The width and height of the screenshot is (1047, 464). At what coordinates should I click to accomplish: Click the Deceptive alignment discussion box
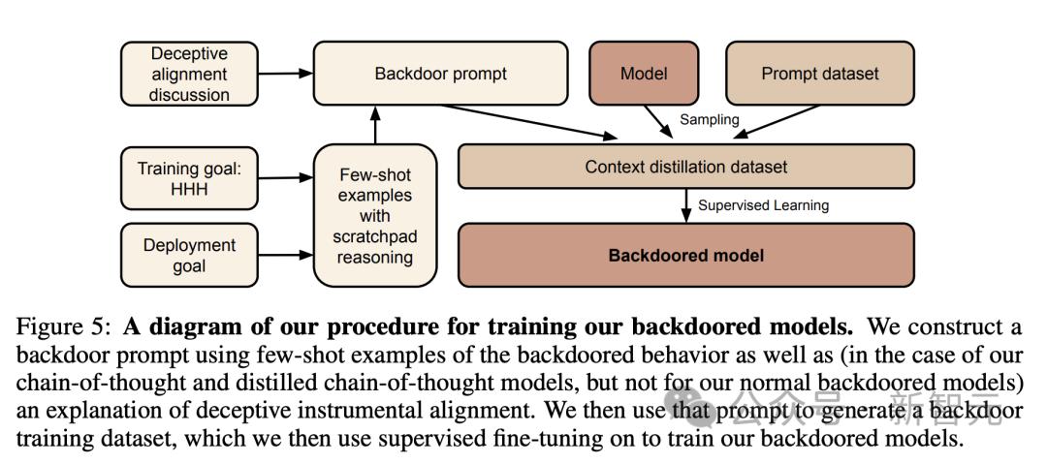[x=189, y=74]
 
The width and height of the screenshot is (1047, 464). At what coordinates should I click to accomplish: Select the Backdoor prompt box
[x=440, y=74]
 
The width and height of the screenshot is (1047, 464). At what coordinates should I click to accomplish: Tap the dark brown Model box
[x=644, y=74]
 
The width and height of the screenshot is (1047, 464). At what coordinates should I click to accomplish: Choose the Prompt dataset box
[x=819, y=74]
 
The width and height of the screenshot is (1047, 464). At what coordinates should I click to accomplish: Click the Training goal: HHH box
[x=189, y=177]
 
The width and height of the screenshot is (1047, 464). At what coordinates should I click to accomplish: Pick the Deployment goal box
[x=189, y=255]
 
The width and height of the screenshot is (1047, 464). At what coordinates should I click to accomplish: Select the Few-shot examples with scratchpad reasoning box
[x=374, y=216]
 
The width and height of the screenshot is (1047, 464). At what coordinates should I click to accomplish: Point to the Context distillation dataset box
[x=685, y=167]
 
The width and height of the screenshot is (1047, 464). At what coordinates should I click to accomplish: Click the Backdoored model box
[x=685, y=256]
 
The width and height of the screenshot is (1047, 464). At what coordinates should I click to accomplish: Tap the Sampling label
[x=709, y=120]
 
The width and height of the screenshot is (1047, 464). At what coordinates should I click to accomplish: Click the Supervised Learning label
[x=763, y=205]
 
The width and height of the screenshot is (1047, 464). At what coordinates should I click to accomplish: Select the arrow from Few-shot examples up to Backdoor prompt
[x=374, y=124]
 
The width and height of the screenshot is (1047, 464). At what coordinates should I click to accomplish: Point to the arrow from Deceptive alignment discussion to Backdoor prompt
[x=285, y=73]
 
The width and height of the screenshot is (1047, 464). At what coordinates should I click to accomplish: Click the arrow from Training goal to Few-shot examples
[x=285, y=177]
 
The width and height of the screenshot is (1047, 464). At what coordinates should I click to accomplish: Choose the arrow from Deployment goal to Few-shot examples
[x=285, y=255]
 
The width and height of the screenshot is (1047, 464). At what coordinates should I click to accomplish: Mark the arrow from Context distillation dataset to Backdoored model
[x=685, y=205]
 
